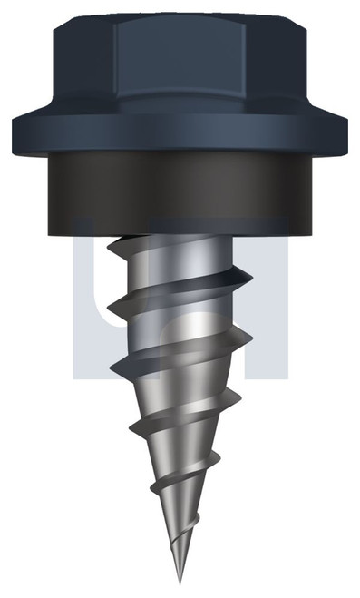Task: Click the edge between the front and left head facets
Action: coord(115,68)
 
